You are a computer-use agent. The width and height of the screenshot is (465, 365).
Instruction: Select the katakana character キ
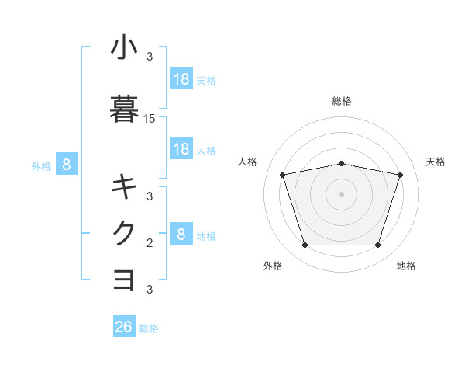124,187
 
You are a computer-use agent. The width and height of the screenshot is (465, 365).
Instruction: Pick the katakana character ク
124,233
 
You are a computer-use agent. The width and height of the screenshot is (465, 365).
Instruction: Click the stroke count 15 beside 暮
150,119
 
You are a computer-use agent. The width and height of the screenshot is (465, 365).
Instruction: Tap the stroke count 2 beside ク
150,243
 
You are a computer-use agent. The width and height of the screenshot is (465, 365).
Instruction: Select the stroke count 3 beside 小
150,57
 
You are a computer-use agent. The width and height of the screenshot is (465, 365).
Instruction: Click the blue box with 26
124,327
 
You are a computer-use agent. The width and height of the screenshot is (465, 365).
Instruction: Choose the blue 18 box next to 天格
181,78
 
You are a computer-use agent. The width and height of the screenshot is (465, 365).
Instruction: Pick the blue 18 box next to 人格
181,148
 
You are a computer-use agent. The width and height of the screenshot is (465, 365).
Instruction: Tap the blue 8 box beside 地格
181,234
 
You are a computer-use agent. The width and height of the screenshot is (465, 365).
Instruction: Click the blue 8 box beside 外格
67,164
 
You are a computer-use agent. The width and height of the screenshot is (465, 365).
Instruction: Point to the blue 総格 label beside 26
150,328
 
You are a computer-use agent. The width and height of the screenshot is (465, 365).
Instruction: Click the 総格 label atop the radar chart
342,101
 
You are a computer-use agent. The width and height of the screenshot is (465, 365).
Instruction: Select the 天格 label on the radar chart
436,162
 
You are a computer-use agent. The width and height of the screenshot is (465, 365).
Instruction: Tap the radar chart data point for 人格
283,175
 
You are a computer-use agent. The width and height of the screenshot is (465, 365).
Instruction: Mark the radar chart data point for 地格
377,245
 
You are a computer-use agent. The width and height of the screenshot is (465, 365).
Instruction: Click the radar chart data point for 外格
305,245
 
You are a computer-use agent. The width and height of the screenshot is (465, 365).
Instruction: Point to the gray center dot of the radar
341,194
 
